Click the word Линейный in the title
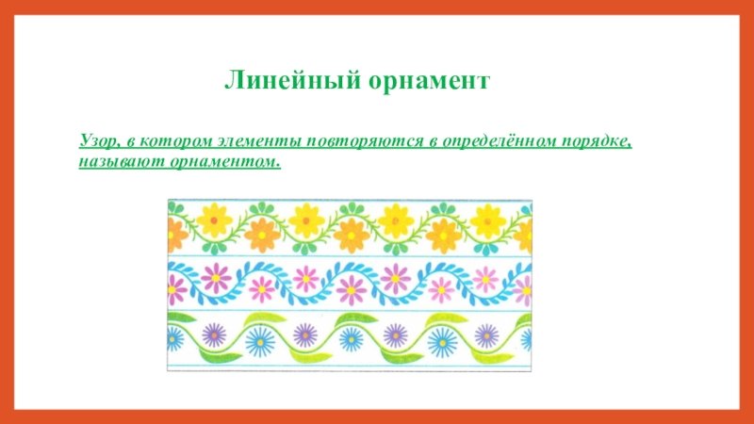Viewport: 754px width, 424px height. [x=292, y=80]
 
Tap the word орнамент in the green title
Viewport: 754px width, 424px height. [x=430, y=81]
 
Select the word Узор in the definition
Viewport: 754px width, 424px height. [x=98, y=142]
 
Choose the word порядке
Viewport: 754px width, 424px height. [x=598, y=142]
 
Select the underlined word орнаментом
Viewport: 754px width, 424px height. [x=225, y=162]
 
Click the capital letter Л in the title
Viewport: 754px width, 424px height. [x=233, y=81]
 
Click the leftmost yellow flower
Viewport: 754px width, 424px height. [x=215, y=220]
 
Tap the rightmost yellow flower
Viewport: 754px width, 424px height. [x=487, y=221]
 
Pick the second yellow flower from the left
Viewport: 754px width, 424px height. [x=305, y=220]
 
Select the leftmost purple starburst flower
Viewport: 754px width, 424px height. [x=214, y=335]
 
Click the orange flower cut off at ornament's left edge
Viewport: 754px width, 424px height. [x=176, y=235]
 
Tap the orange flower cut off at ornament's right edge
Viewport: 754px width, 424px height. [x=524, y=236]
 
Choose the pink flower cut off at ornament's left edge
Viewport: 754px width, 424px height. [x=176, y=290]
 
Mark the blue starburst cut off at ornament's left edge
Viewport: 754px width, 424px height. [x=175, y=338]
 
